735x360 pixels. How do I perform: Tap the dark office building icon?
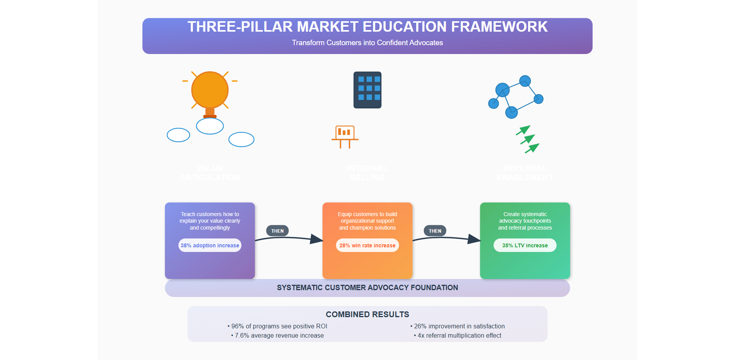pos(367,90)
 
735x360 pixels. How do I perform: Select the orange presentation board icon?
pos(345,136)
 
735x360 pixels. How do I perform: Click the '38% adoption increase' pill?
pos(210,245)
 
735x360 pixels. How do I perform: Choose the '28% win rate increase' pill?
pos(367,245)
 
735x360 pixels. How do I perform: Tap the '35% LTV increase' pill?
pos(525,245)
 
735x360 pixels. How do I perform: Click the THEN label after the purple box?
pos(277,231)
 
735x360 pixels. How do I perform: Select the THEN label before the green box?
pos(435,231)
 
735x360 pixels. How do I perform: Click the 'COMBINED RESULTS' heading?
pos(367,314)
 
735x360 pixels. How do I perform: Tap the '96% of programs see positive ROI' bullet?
pos(277,326)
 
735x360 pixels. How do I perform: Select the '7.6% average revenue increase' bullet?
pos(277,336)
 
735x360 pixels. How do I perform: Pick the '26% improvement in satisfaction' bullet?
pos(457,326)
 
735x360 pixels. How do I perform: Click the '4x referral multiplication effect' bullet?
pos(457,336)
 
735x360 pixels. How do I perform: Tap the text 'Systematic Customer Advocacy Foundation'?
pos(367,288)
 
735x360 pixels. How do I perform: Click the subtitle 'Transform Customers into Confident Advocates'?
pos(367,43)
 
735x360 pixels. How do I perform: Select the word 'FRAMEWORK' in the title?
pos(499,27)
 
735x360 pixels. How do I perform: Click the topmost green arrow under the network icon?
pos(524,130)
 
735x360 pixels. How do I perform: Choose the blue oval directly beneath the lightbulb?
pos(210,126)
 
